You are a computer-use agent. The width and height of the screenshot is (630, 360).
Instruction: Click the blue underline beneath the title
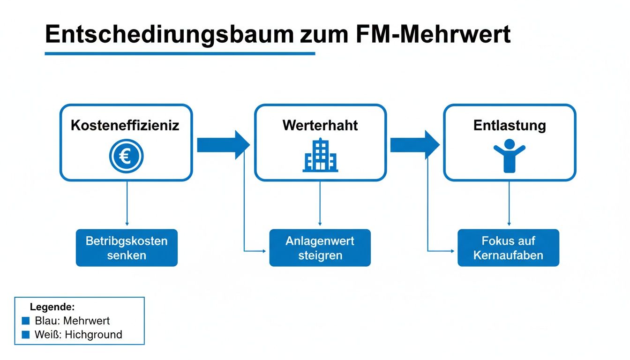click(x=180, y=53)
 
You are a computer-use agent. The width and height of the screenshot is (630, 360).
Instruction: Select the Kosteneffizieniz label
click(x=125, y=126)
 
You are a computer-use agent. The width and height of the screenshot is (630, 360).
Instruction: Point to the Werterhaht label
click(x=320, y=126)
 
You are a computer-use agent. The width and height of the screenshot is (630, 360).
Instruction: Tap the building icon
click(x=320, y=155)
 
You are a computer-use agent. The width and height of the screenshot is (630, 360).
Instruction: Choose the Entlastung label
click(x=510, y=126)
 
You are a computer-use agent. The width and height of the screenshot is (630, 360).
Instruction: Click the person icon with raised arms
click(x=510, y=155)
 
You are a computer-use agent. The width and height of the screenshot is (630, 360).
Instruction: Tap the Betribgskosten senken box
click(x=127, y=248)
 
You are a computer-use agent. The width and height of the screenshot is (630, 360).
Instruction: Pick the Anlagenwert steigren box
click(x=320, y=248)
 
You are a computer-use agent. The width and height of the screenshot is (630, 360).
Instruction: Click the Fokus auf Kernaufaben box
click(x=508, y=248)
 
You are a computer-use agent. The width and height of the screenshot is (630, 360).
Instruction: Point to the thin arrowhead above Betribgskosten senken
click(x=127, y=224)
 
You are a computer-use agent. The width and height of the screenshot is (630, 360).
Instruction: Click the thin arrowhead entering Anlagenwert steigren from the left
click(x=265, y=251)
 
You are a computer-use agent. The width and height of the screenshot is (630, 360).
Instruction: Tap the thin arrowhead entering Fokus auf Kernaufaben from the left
click(x=453, y=251)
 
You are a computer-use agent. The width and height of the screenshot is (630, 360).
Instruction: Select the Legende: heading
click(x=52, y=307)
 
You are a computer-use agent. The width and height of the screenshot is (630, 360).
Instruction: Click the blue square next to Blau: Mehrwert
click(x=26, y=321)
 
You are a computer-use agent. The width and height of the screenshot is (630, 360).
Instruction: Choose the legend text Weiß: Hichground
click(x=78, y=335)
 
